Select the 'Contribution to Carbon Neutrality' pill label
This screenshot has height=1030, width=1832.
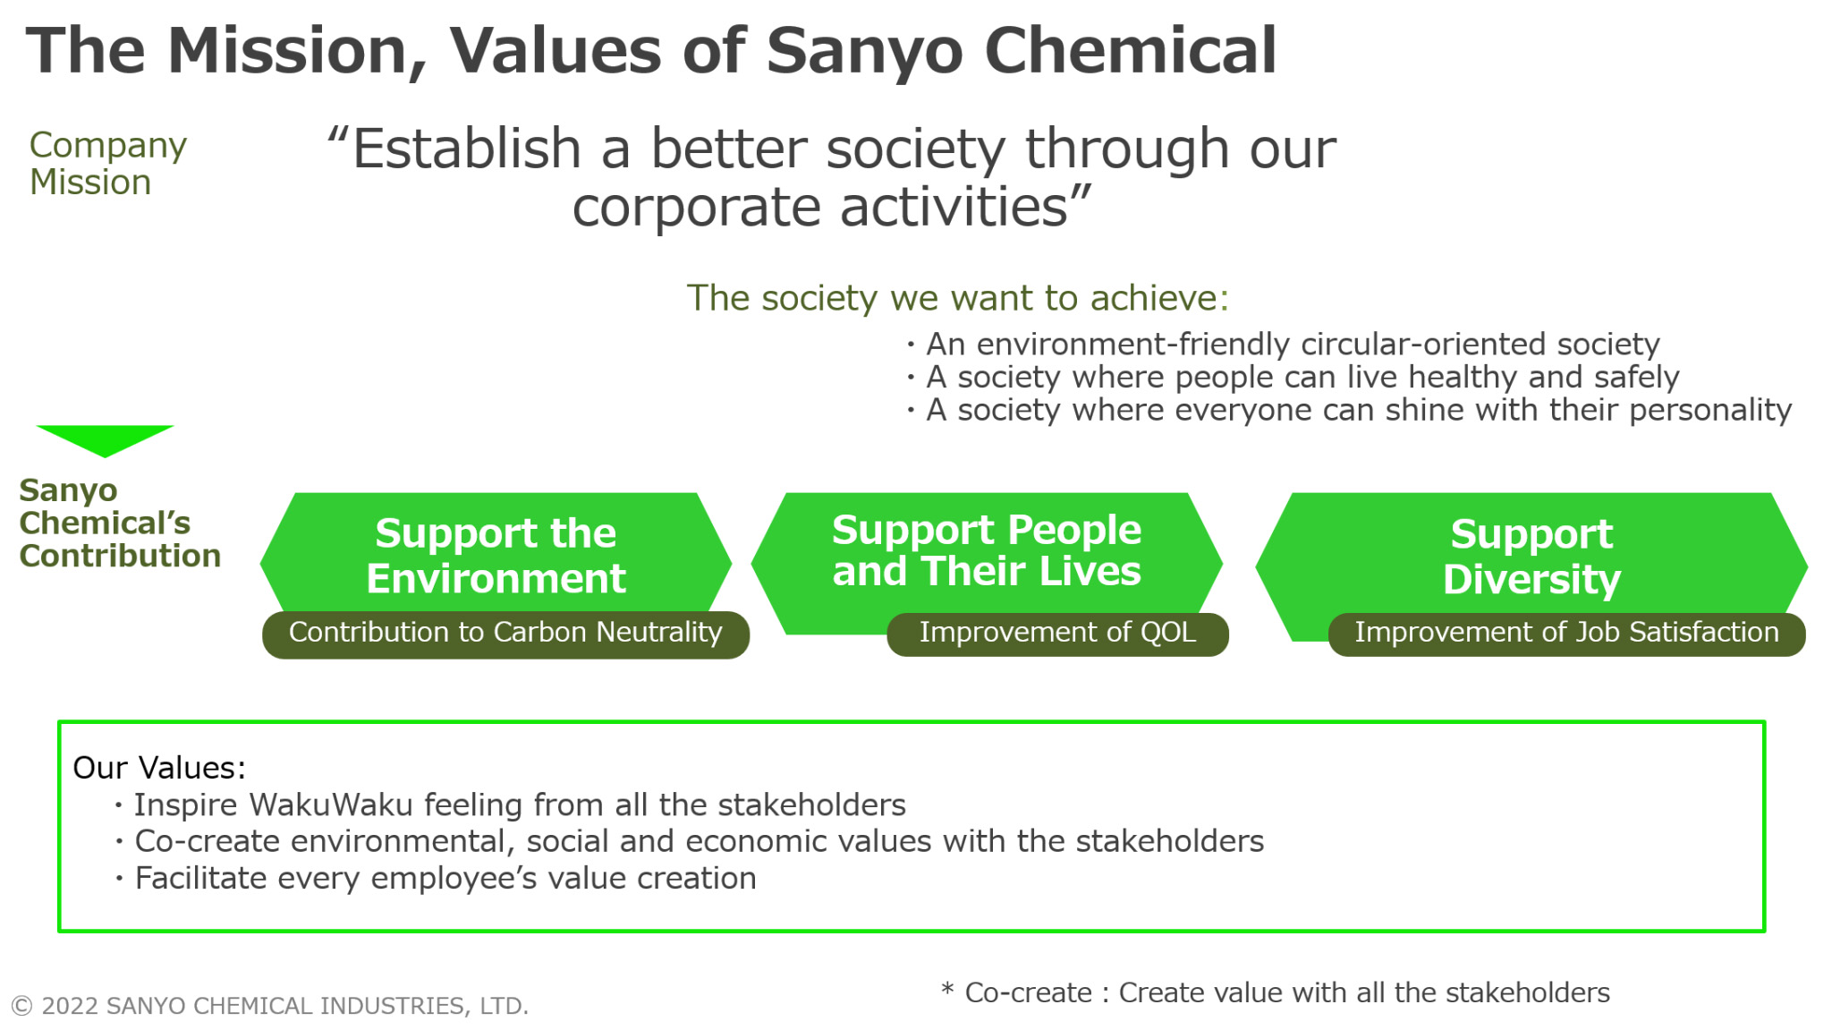coord(505,634)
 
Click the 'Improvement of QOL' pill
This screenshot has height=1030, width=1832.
coord(1057,634)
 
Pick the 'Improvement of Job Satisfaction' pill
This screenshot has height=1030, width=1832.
coord(1566,634)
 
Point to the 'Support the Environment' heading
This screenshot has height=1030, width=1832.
coord(496,556)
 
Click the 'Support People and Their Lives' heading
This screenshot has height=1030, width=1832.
coord(987,550)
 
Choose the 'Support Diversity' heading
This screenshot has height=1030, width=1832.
coord(1531,557)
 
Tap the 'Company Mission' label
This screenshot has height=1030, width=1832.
coord(107,163)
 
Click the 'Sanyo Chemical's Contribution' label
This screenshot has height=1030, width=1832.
coord(120,523)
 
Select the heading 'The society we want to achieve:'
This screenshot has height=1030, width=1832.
coord(958,298)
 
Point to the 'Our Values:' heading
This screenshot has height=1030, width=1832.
coord(159,768)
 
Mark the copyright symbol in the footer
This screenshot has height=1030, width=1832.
coord(22,1006)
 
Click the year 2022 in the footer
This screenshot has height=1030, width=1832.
coord(70,1006)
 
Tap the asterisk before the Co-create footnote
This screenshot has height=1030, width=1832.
coord(947,989)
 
